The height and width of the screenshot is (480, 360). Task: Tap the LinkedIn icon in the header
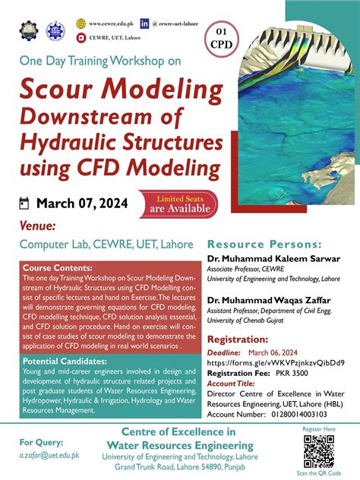pos(144,24)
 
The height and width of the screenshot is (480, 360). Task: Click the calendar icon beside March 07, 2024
pos(23,203)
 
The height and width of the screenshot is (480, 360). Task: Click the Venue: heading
pos(37,226)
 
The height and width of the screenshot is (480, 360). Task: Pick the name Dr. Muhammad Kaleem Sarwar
pos(273,259)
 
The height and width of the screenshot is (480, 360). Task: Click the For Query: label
pos(36,441)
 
